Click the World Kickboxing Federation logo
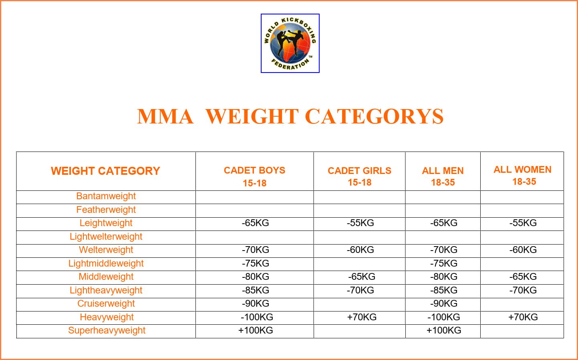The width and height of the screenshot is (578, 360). [x=290, y=43]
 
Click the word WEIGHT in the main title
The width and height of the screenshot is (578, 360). [x=252, y=117]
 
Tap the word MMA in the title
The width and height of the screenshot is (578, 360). [x=165, y=117]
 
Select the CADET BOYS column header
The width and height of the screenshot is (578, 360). [x=254, y=176]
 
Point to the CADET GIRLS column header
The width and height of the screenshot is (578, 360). [x=359, y=176]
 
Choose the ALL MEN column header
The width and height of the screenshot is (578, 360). [x=443, y=176]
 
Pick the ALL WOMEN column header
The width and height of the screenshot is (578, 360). [x=522, y=176]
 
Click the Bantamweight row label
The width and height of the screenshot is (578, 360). [x=106, y=196]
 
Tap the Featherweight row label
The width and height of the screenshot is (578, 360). [x=106, y=210]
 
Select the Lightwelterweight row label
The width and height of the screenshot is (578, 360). [x=106, y=237]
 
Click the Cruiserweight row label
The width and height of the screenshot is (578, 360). [x=106, y=303]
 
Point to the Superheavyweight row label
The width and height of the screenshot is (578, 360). [x=107, y=330]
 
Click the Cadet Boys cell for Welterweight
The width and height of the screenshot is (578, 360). [x=255, y=250]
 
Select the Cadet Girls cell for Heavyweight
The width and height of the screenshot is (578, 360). [x=362, y=317]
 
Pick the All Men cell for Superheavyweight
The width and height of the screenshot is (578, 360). [x=443, y=330]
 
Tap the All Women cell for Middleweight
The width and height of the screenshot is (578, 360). [x=523, y=277]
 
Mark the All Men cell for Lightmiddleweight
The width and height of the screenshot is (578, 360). [x=443, y=263]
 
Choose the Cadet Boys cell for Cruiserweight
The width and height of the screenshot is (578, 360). [x=255, y=303]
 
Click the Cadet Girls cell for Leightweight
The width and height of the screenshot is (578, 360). [x=360, y=223]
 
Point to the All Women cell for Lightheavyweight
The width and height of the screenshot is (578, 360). [x=523, y=290]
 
